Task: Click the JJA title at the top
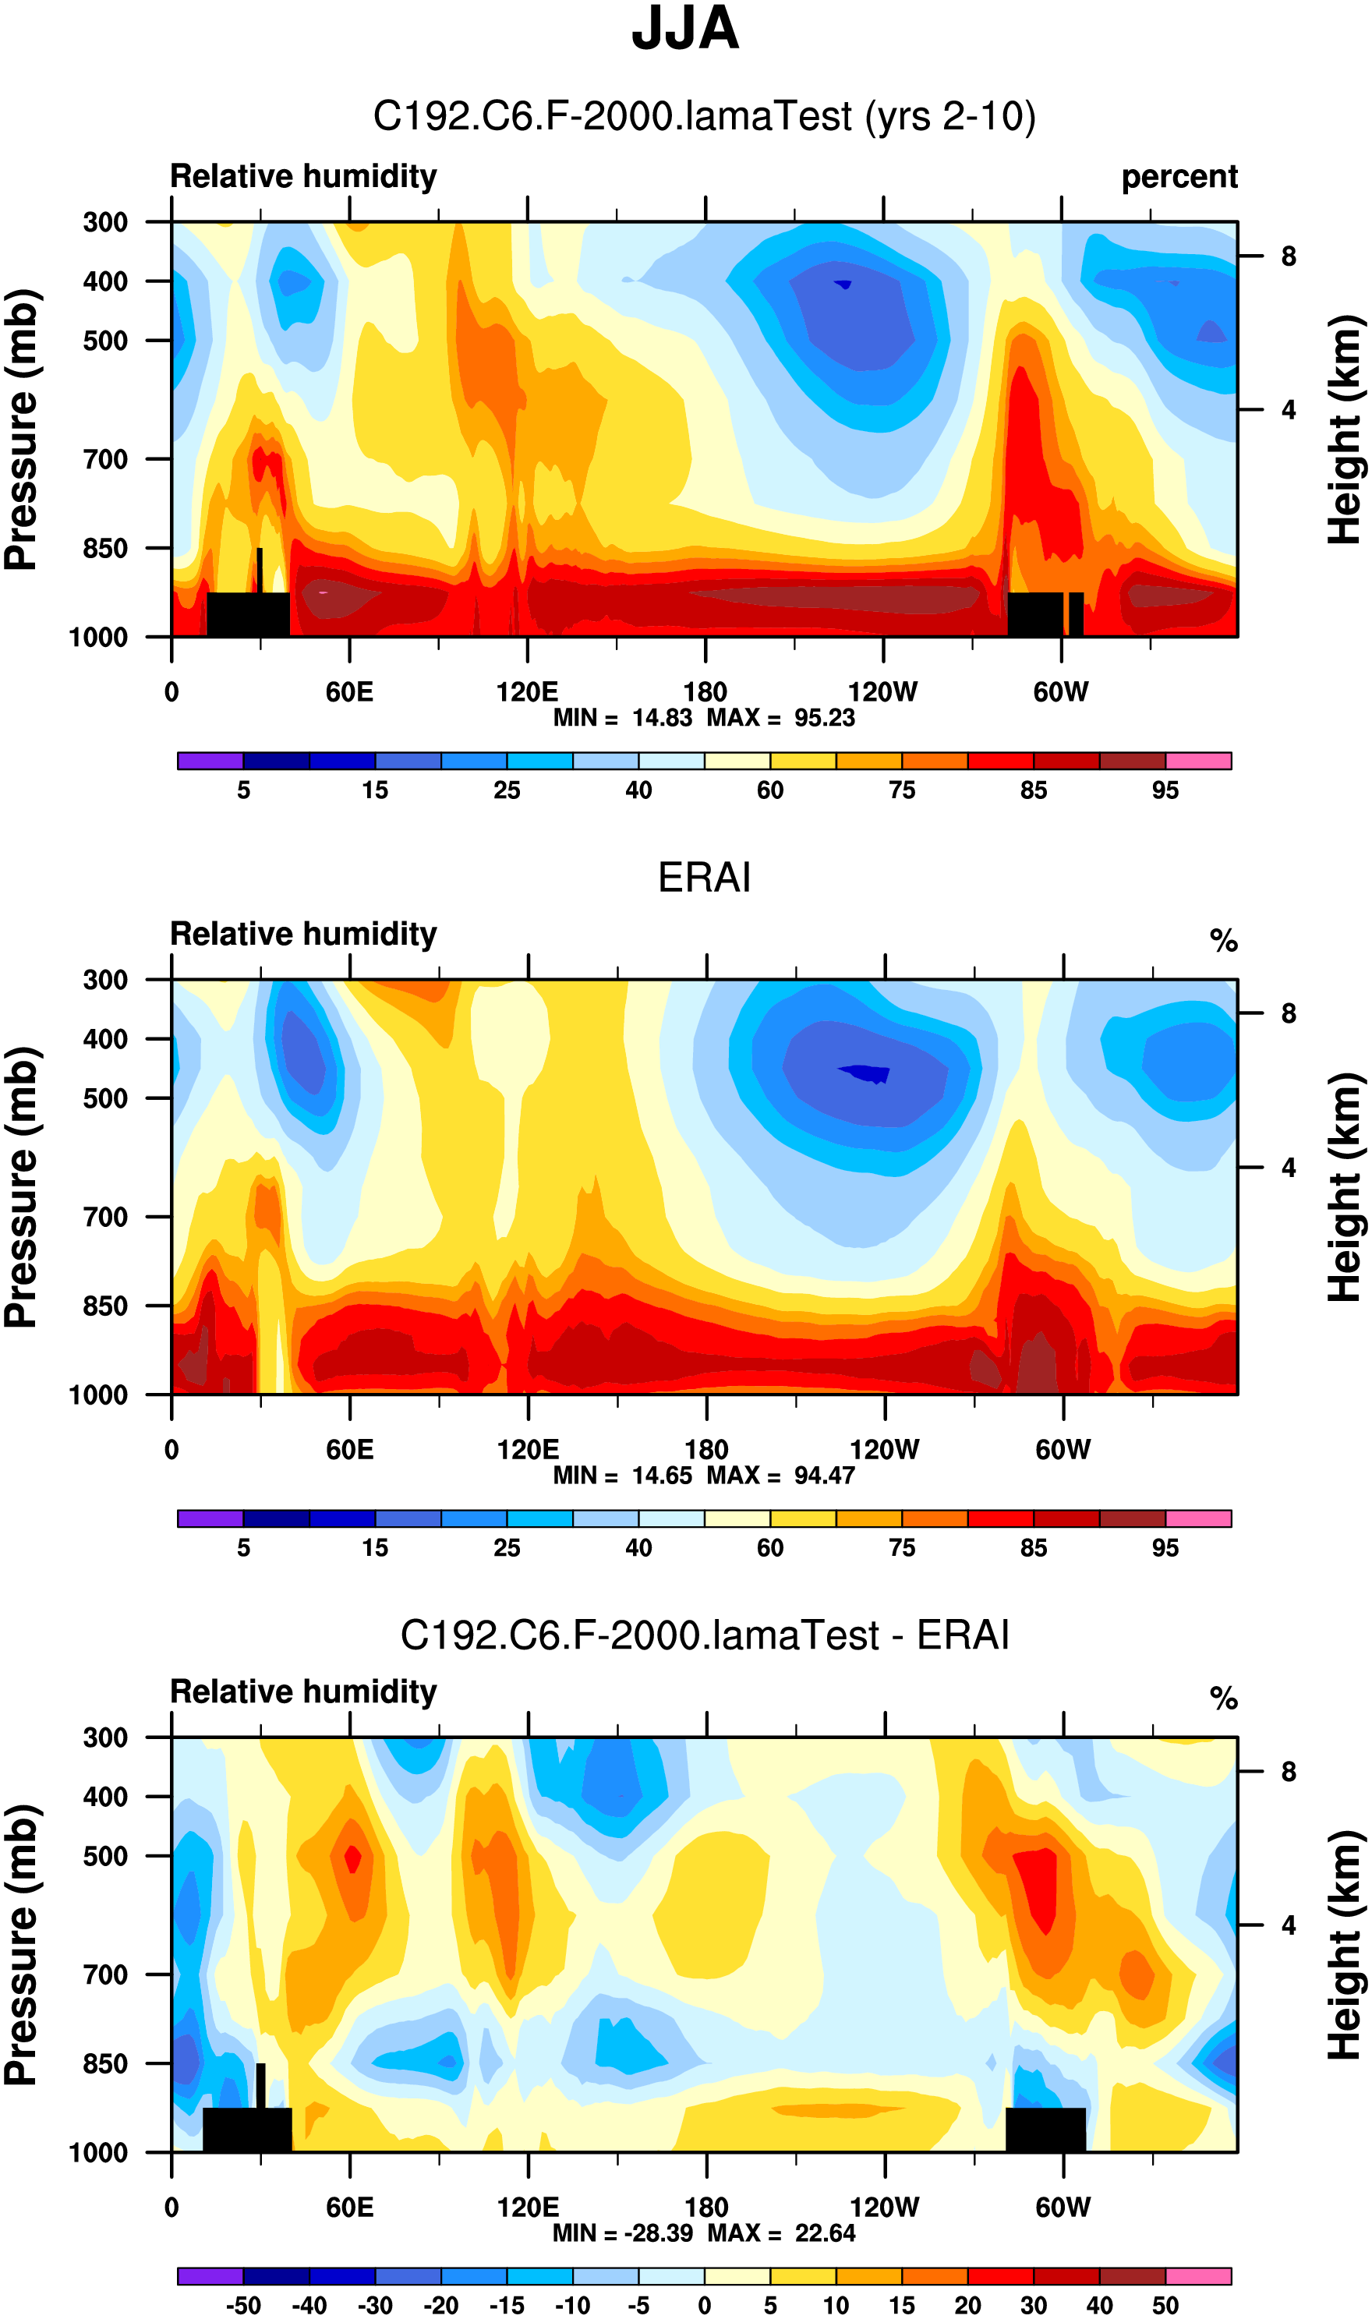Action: (x=685, y=30)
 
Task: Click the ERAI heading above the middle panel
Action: (x=704, y=877)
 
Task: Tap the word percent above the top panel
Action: (x=1179, y=176)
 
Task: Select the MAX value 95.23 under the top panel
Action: (x=825, y=718)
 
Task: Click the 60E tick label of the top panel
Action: (x=349, y=692)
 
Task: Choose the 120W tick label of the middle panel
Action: (x=884, y=1450)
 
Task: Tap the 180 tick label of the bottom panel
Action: (x=706, y=2208)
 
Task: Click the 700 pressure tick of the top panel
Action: (x=105, y=459)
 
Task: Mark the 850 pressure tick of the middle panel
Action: (x=105, y=1306)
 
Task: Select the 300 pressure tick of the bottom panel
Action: (x=105, y=1737)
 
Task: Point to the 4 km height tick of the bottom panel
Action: (x=1288, y=1925)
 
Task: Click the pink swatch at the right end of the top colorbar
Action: (x=1198, y=761)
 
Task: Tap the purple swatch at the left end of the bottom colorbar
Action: (x=210, y=2275)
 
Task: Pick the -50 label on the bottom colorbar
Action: (x=243, y=2305)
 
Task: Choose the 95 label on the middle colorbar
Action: (x=1165, y=1548)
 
